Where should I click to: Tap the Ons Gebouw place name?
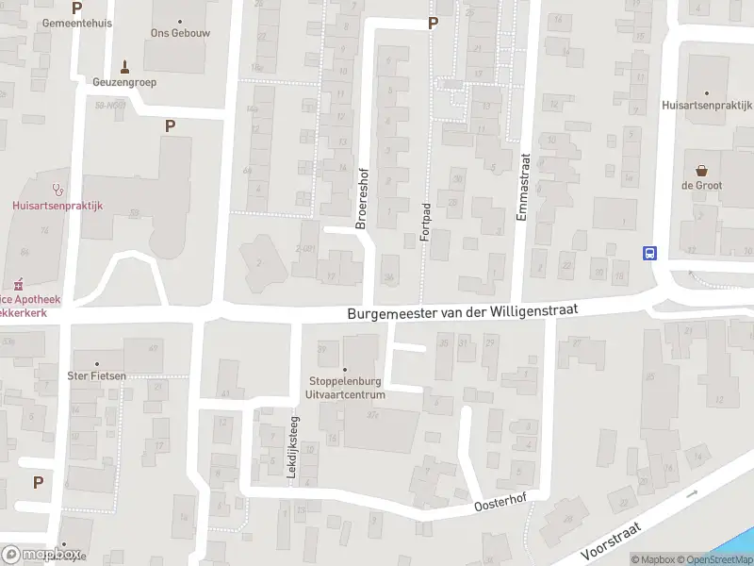(179, 32)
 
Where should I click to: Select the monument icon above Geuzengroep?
(123, 66)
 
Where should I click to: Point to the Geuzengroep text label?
(124, 82)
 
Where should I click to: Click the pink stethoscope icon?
(57, 188)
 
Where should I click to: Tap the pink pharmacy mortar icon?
(17, 283)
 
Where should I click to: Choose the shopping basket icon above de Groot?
(701, 171)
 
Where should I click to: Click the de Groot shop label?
(701, 186)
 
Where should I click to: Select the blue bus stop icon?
(649, 253)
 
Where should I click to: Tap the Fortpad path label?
(425, 222)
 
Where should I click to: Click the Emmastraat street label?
(523, 189)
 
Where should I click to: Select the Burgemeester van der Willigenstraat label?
(462, 311)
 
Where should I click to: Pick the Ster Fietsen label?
(97, 376)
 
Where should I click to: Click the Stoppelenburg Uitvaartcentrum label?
(347, 388)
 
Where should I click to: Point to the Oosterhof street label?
(499, 508)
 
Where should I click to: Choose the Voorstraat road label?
(611, 541)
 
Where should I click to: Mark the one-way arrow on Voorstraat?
(695, 492)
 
